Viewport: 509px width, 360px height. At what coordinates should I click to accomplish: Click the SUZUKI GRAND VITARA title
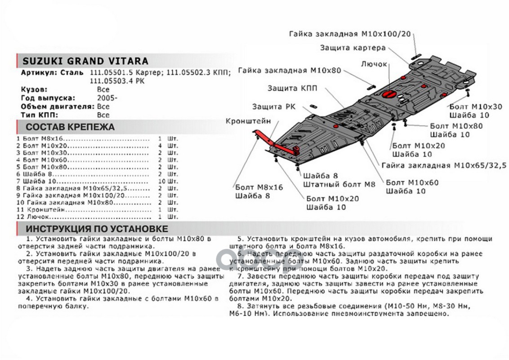(x=85, y=62)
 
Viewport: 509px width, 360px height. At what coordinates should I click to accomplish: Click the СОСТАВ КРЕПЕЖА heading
(x=70, y=127)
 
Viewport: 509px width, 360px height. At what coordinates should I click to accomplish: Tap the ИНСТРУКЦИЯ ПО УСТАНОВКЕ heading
(x=97, y=229)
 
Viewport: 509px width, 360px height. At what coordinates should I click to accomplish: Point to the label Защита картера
(x=353, y=48)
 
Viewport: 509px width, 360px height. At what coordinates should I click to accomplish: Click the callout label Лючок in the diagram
(x=374, y=64)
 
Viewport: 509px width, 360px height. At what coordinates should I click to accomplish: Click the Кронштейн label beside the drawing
(x=249, y=121)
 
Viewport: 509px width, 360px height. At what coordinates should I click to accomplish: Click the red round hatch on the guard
(x=388, y=94)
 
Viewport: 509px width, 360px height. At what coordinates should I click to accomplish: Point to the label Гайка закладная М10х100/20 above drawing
(x=351, y=34)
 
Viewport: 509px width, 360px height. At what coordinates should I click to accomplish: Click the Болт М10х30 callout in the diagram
(x=475, y=107)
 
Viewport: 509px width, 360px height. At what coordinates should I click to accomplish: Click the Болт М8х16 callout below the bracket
(x=259, y=187)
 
